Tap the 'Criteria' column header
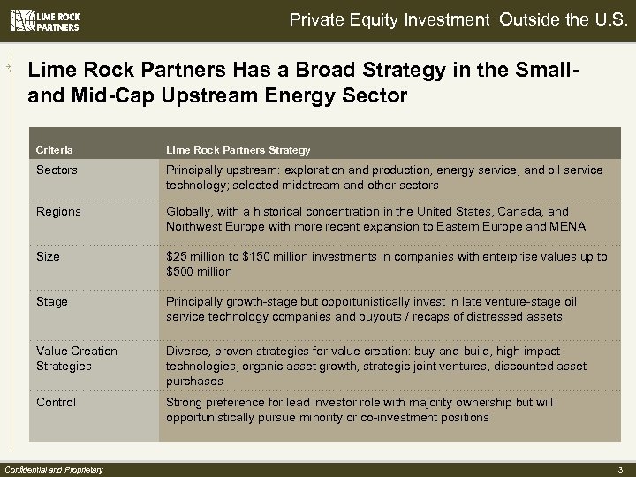[55, 150]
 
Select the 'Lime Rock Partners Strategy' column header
[238, 150]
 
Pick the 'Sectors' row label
[57, 170]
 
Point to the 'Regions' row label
[58, 212]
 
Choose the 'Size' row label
[49, 257]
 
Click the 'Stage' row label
[52, 301]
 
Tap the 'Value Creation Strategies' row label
[77, 358]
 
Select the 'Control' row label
[57, 402]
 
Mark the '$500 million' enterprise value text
[199, 271]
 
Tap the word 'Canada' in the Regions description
[534, 212]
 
